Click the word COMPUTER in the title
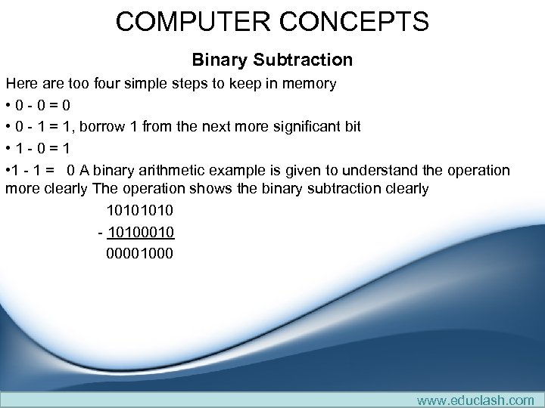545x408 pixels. click(192, 21)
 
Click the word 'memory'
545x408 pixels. click(309, 83)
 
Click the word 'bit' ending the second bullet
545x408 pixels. click(351, 126)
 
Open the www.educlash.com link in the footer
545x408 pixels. click(475, 400)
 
